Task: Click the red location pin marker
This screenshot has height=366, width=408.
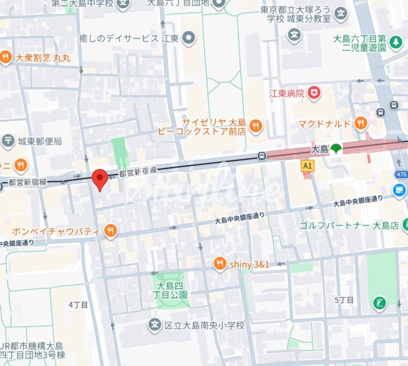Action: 99,179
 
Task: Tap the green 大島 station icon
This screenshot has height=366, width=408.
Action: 335,149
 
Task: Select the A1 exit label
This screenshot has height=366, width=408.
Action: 307,166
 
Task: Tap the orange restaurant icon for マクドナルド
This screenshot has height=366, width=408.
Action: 361,123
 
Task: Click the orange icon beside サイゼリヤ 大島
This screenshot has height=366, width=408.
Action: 256,126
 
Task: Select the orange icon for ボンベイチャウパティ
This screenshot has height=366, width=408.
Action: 110,232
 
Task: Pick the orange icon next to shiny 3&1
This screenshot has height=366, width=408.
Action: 220,264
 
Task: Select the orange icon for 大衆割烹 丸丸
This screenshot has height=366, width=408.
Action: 6,58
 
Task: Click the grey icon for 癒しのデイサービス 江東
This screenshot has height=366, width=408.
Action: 189,38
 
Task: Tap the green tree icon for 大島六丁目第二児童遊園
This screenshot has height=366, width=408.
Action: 396,44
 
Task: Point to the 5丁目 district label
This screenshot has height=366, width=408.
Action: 344,300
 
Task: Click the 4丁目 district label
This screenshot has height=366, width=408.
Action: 78,305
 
